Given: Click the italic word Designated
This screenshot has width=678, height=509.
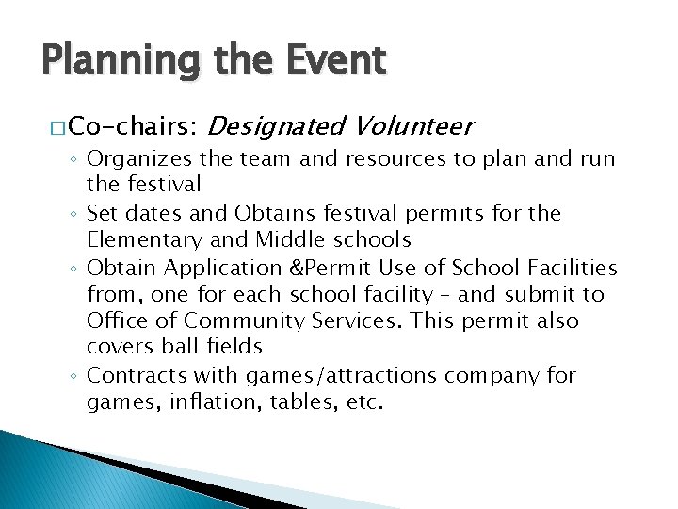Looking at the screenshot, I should click(x=271, y=125).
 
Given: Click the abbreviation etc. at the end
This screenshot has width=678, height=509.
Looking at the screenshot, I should click(x=365, y=402).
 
